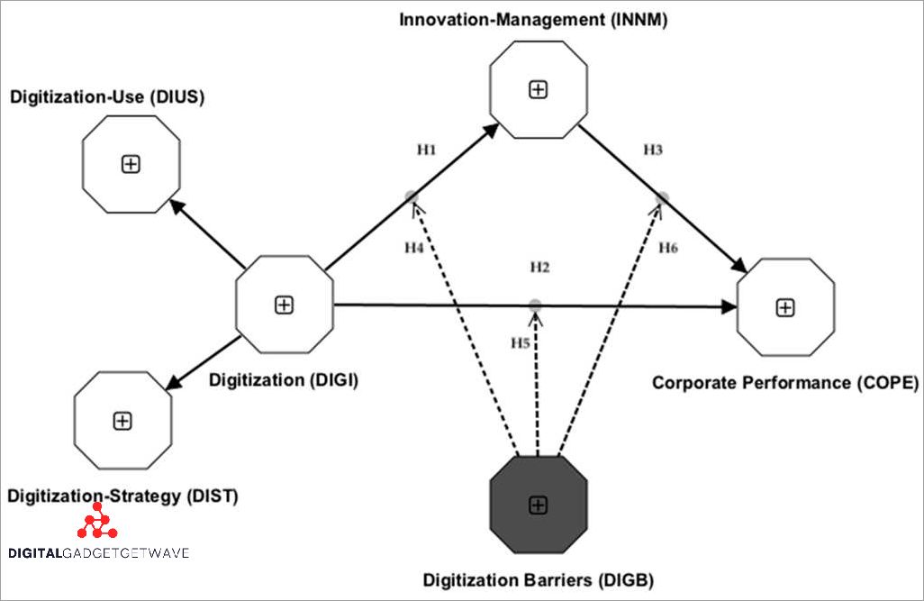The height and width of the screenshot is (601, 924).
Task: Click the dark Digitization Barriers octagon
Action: click(x=538, y=505)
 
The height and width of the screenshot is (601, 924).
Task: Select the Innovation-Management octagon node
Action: click(x=538, y=89)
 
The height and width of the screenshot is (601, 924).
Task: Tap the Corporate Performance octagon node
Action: click(x=785, y=307)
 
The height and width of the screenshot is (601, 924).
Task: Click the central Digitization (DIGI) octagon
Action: click(x=284, y=305)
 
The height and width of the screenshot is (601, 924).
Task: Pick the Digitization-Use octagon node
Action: click(x=131, y=163)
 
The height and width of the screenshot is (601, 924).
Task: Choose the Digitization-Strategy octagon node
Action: click(x=121, y=420)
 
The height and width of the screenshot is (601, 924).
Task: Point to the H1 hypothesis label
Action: click(x=427, y=149)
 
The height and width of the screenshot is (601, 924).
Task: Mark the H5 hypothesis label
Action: click(x=521, y=342)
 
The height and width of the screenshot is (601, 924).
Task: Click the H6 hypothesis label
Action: click(x=667, y=248)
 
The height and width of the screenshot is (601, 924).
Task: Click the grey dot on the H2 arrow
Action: click(x=536, y=305)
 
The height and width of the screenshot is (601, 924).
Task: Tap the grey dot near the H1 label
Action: click(x=412, y=196)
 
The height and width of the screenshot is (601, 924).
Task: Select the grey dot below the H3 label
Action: click(x=662, y=197)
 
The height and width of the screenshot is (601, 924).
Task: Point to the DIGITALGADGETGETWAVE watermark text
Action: click(x=98, y=552)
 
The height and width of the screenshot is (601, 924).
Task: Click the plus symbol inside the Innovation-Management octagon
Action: click(x=538, y=89)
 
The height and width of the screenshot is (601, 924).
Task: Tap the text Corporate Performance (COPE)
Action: click(x=784, y=382)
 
